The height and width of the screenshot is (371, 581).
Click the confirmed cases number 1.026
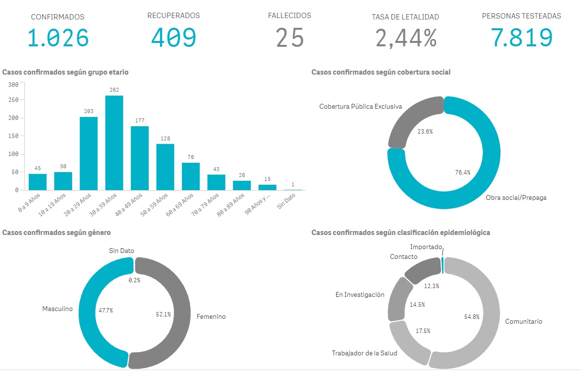(x=58, y=38)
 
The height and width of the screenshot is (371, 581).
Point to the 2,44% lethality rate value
(x=405, y=38)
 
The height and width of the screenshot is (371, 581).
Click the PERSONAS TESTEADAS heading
(x=521, y=16)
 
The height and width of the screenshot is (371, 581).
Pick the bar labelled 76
(x=191, y=176)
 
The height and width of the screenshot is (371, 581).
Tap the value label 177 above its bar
(x=140, y=120)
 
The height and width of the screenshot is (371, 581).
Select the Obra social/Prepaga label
(x=516, y=198)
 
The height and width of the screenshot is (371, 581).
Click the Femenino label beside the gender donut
(x=211, y=317)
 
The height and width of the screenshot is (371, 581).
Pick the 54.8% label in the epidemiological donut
(x=471, y=317)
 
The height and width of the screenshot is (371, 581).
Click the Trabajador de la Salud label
(x=364, y=353)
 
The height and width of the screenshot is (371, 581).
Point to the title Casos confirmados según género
(x=57, y=233)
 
